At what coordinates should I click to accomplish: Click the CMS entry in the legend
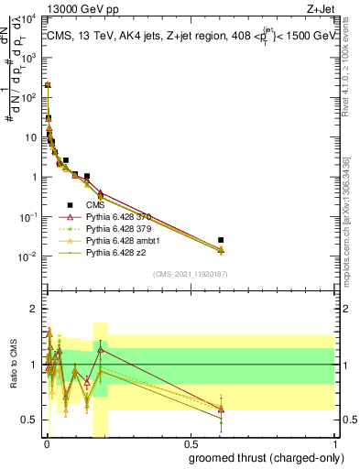point(96,204)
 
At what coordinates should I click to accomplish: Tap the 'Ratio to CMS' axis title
point(13,365)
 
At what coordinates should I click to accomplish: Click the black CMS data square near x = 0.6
point(221,240)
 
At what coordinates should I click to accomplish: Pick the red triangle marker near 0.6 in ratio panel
point(221,409)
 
